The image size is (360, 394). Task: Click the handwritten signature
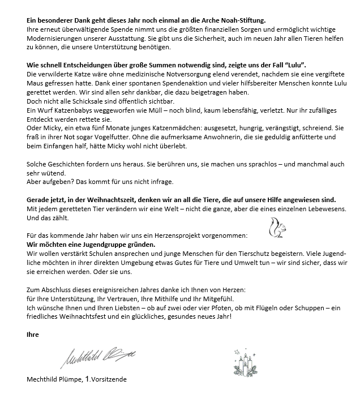[x=97, y=356]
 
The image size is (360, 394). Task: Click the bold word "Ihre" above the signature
[x=33, y=334]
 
